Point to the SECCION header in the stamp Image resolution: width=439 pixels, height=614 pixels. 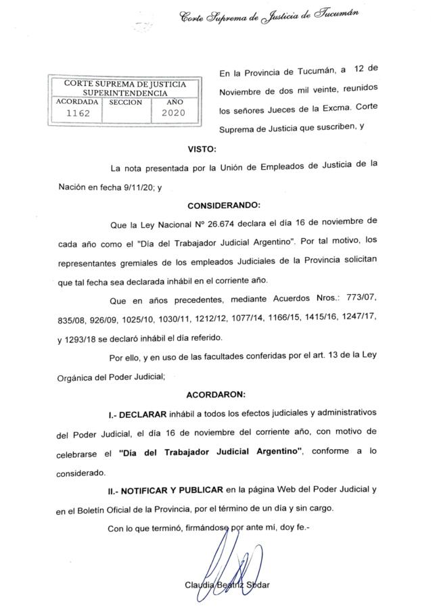tap(125, 102)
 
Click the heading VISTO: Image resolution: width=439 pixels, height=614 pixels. tap(202, 148)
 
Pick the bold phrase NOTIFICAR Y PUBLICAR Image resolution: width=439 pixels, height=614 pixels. tap(172, 488)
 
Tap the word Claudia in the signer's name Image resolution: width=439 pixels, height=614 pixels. tap(199, 584)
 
